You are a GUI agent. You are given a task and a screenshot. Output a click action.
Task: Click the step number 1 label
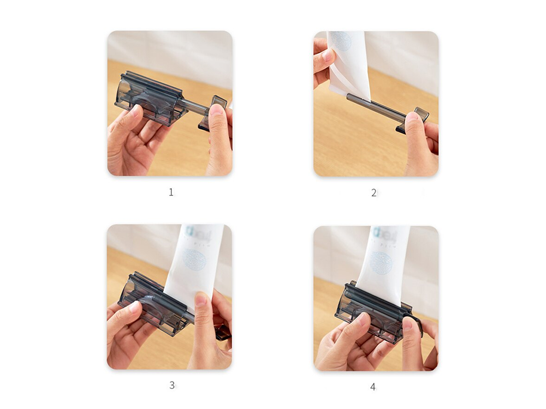171,192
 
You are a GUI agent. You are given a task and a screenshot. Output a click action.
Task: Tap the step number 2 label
374,193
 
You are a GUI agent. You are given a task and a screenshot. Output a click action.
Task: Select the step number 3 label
171,385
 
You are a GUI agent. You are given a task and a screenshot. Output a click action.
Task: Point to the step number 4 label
373,387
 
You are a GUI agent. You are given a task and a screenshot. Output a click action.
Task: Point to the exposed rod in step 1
194,106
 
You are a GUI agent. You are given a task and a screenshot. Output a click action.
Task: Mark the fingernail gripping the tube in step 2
328,55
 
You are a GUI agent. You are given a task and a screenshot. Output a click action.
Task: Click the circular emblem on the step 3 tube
194,260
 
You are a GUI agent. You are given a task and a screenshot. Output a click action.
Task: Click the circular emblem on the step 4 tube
381,262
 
